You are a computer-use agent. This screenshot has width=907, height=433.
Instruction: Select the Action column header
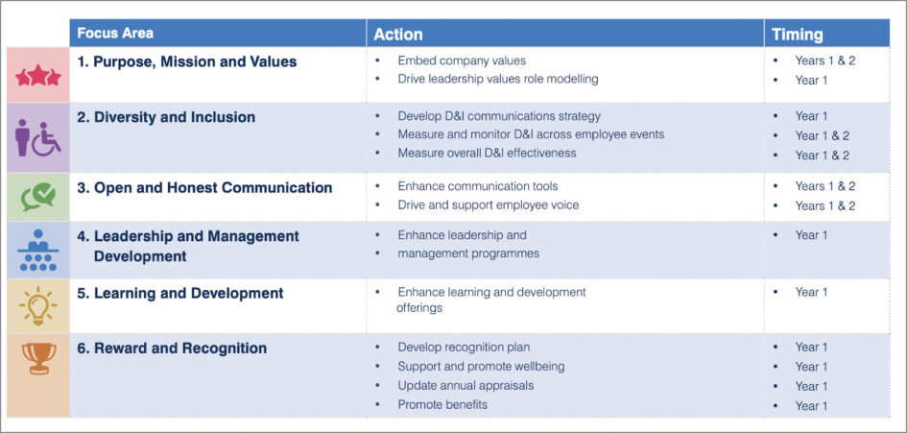pos(398,34)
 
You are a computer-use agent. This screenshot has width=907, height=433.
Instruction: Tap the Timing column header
pos(798,34)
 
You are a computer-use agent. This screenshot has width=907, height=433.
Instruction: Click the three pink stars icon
pos(38,76)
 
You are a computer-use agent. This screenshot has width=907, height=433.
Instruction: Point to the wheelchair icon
pos(47,140)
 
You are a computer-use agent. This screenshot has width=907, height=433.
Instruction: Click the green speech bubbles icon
pos(38,197)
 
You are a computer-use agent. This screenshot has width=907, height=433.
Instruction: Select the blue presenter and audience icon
pos(38,252)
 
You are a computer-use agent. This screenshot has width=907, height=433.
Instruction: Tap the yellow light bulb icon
pos(38,306)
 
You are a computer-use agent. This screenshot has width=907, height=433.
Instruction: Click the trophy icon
pos(38,358)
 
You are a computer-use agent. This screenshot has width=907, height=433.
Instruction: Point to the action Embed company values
pos(462,60)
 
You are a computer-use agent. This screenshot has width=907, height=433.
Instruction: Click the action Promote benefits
pos(442,405)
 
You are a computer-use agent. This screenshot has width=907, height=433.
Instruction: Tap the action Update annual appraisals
pos(465,386)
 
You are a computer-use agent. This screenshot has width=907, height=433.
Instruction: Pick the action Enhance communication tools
pos(477,186)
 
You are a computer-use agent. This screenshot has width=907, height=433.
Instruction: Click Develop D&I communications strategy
pos(499,116)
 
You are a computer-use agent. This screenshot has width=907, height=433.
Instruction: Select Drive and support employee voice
pos(489,205)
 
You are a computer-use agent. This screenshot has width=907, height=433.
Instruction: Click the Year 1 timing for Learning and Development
pos(811,292)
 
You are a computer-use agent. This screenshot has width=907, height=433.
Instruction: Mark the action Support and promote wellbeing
pos(481,367)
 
